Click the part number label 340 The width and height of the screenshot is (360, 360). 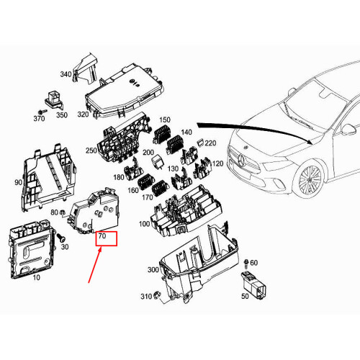(65, 75)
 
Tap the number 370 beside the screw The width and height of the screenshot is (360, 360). (40, 118)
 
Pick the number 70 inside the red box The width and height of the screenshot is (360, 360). (102, 235)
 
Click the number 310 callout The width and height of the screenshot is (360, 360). (146, 297)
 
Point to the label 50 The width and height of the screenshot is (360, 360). (246, 296)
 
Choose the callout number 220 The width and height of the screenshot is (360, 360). (210, 143)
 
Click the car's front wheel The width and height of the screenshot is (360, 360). (312, 181)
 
